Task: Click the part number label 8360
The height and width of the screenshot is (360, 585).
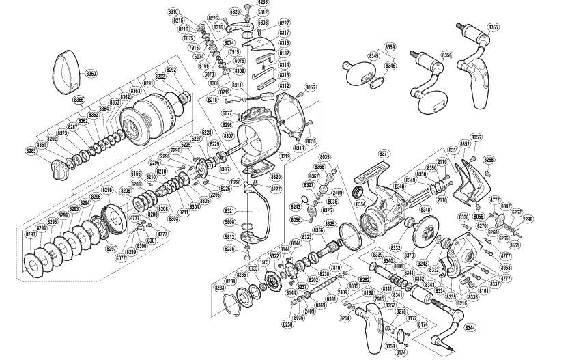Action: (91, 73)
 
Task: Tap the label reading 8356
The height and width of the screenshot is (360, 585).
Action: (447, 55)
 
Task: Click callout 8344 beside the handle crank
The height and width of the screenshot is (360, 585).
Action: (471, 329)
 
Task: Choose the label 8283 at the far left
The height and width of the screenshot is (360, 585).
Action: (31, 151)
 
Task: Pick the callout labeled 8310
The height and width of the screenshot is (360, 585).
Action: (173, 12)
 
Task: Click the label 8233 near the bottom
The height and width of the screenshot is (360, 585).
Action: (220, 288)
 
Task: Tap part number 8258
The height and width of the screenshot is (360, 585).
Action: (288, 324)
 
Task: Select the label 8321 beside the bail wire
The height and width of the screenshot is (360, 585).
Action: (229, 210)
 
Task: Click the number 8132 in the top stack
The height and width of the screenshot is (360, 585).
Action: (285, 53)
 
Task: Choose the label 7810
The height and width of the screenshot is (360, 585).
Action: (335, 268)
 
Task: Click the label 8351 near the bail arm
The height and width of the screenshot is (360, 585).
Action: (453, 150)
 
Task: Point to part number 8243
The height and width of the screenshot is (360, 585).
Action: (296, 207)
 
